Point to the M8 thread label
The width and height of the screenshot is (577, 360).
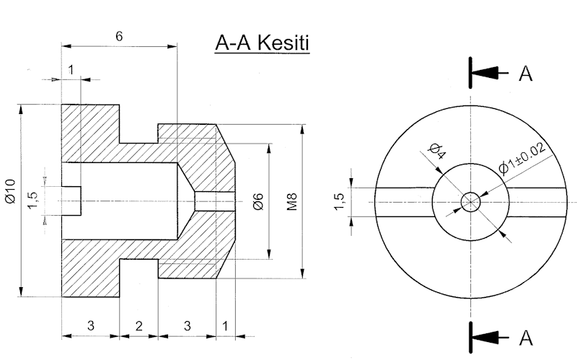coord(291,201)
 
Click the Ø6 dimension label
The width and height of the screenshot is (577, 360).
coord(257,201)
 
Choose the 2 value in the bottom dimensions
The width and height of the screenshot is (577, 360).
coord(138,325)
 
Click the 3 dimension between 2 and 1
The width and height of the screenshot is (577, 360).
coord(187,325)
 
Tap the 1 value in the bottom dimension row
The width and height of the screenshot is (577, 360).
coord(225,325)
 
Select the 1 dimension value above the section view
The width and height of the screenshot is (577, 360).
coord(71,69)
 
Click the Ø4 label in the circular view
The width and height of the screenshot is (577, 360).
coord(436,152)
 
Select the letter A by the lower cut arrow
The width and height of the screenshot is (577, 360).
coord(526,335)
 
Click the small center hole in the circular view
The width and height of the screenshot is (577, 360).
coord(471,201)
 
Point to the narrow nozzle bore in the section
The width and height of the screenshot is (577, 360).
coord(214,201)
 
